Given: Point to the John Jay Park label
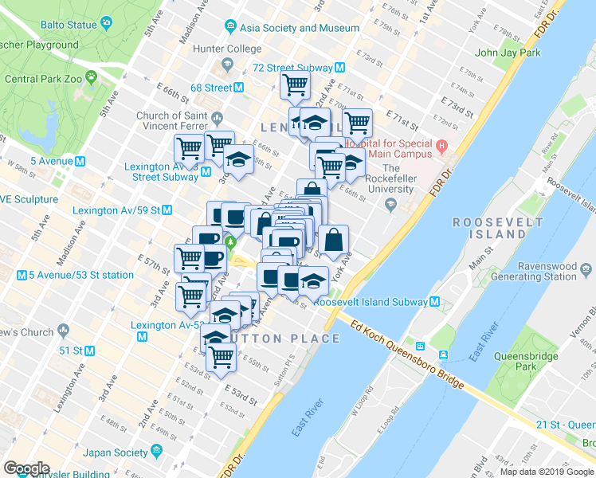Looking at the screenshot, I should [508, 53].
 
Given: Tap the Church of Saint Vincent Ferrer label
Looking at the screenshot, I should [172, 122].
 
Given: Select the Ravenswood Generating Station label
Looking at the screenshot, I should [544, 271].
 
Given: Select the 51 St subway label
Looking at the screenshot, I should [72, 350].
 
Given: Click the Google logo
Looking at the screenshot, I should [26, 468].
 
